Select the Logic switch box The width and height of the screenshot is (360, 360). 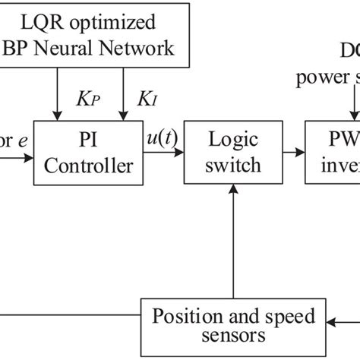[x=232, y=153]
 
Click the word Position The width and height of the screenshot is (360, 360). [x=188, y=314]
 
